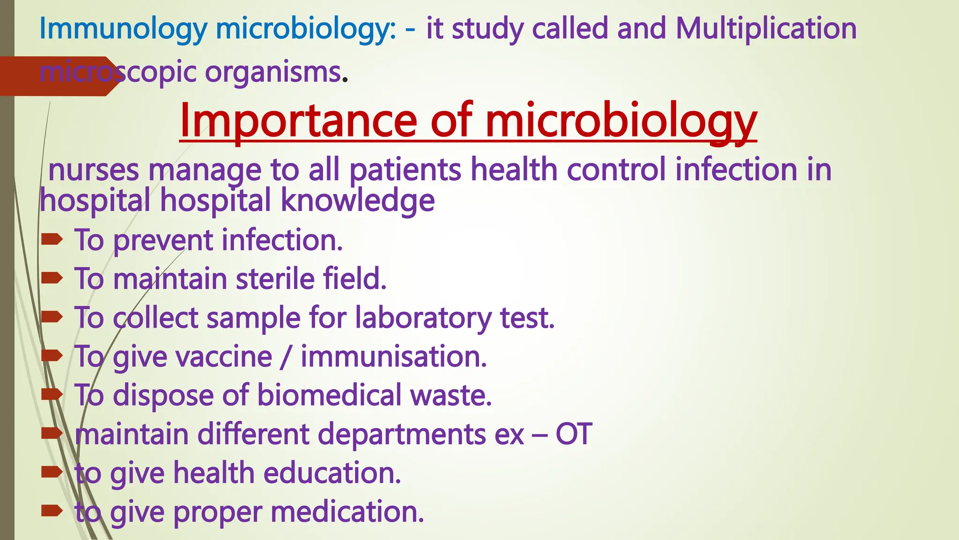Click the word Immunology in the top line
pos(123,29)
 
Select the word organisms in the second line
pos(273,73)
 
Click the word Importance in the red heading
pos(298,121)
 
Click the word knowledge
pos(358,201)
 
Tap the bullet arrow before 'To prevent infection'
pos(52,240)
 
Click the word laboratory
pos(423,318)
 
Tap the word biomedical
pos(329,395)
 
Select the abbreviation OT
pos(574,434)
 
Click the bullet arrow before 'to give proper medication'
pos(52,510)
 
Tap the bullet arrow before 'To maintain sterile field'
pos(52,278)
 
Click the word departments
pos(402,435)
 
